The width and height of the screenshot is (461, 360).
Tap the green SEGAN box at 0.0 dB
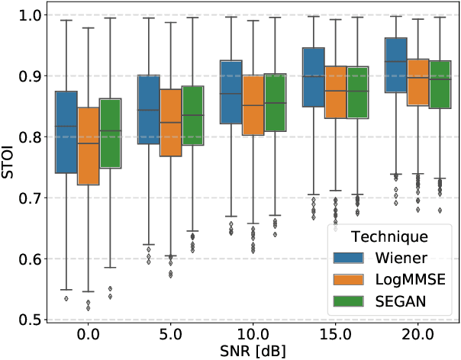pos(111,133)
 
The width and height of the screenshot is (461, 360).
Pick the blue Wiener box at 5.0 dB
pos(148,110)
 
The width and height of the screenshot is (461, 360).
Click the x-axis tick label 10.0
pos(252,333)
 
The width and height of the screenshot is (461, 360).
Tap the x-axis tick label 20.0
pos(417,333)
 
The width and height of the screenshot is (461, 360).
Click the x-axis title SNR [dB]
pos(253,350)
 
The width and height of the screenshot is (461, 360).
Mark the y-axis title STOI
pos(8,167)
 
